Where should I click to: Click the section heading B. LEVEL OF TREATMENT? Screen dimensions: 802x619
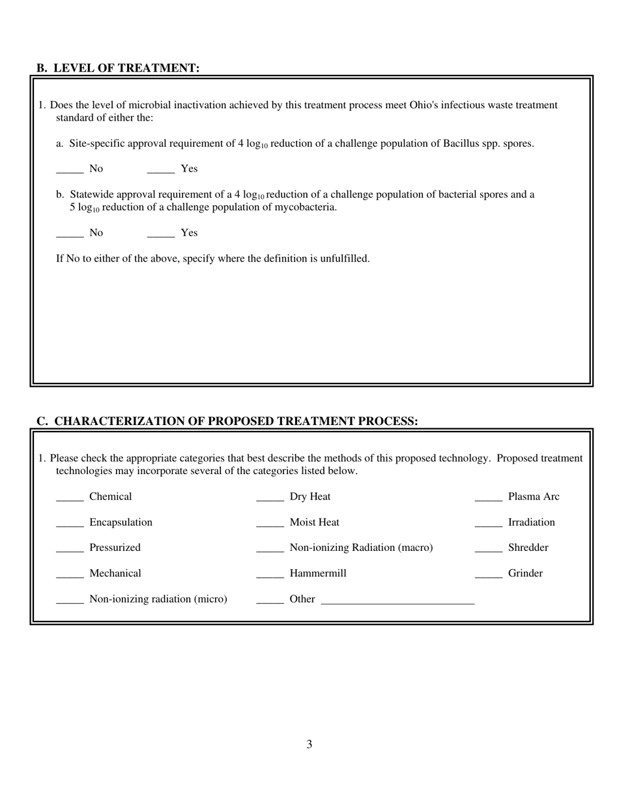pyautogui.click(x=118, y=68)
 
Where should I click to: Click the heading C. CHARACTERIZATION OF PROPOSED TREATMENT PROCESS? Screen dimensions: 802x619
pyautogui.click(x=227, y=421)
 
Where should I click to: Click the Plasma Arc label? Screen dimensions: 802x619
pyautogui.click(x=533, y=497)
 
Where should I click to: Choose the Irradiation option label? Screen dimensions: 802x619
pyautogui.click(x=531, y=522)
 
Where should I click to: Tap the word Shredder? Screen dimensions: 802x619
pyautogui.click(x=528, y=548)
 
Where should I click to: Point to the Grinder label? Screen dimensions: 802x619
pyautogui.click(x=525, y=574)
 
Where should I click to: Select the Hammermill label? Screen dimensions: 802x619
pyautogui.click(x=318, y=574)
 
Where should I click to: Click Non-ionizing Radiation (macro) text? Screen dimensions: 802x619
pyautogui.click(x=361, y=548)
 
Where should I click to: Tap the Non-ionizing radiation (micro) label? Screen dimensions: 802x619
pyautogui.click(x=158, y=599)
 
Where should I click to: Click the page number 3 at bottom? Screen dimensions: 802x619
pyautogui.click(x=309, y=745)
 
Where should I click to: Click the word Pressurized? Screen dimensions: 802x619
pyautogui.click(x=115, y=548)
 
